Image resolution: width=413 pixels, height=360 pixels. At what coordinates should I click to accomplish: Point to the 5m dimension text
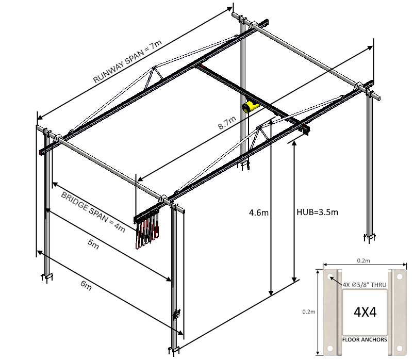pyautogui.click(x=93, y=244)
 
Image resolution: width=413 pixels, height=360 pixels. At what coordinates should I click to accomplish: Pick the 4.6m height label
pyautogui.click(x=258, y=212)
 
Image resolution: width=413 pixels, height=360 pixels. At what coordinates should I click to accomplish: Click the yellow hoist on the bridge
pyautogui.click(x=250, y=107)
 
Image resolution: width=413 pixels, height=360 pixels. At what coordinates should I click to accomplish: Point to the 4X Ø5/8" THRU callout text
pyautogui.click(x=365, y=284)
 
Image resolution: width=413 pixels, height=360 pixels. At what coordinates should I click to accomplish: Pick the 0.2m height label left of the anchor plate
pyautogui.click(x=309, y=311)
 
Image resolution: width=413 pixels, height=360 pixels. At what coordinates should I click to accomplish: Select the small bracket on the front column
pyautogui.click(x=177, y=314)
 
